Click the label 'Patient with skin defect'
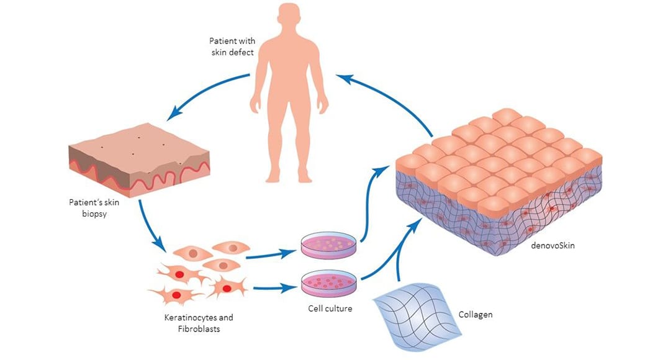pyautogui.click(x=231, y=47)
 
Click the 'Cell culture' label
pyautogui.click(x=330, y=308)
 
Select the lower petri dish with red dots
pyautogui.click(x=329, y=283)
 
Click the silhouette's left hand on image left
pyautogui.click(x=255, y=106)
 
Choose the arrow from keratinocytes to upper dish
pyautogui.click(x=272, y=254)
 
